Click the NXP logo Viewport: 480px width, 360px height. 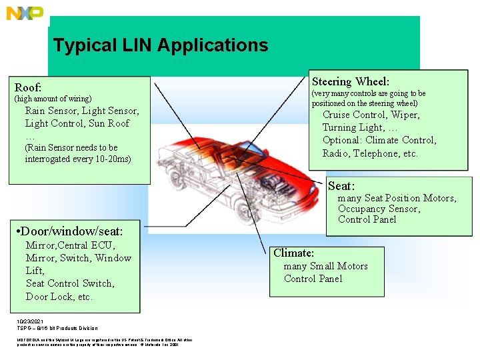(x=25, y=13)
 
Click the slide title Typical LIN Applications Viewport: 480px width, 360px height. (x=161, y=45)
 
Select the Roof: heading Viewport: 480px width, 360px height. (x=29, y=87)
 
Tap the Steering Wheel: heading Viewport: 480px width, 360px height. (x=351, y=81)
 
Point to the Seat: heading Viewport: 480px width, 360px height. (x=341, y=186)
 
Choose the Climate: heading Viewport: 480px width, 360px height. (x=293, y=253)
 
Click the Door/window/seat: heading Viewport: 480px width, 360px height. (x=72, y=231)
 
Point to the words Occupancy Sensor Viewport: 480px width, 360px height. (x=379, y=209)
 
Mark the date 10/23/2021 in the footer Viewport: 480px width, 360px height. (x=30, y=322)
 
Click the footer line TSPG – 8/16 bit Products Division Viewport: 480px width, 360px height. (x=57, y=328)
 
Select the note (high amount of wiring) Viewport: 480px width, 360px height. (x=53, y=99)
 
